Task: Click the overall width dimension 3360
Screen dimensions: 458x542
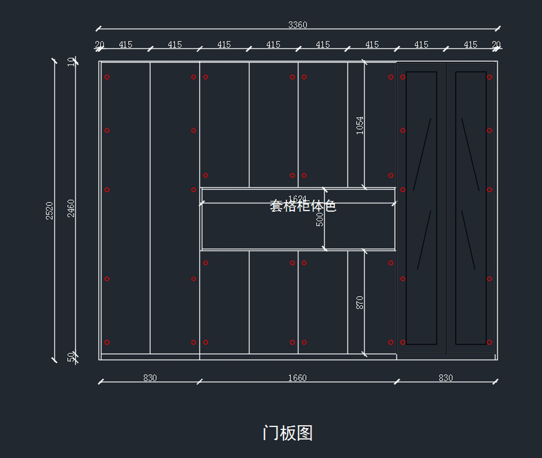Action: pyautogui.click(x=298, y=25)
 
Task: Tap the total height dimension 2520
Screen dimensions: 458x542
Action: pyautogui.click(x=50, y=211)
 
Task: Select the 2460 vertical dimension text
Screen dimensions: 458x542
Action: pyautogui.click(x=71, y=208)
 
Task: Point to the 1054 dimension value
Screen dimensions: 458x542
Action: pyautogui.click(x=360, y=125)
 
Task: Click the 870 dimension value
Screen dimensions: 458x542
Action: pyautogui.click(x=360, y=302)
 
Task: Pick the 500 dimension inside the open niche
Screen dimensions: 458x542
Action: pyautogui.click(x=320, y=219)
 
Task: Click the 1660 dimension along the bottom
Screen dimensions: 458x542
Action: pyautogui.click(x=297, y=378)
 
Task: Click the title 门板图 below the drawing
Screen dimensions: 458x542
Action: pyautogui.click(x=288, y=433)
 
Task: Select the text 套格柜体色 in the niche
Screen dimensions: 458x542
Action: pyautogui.click(x=303, y=206)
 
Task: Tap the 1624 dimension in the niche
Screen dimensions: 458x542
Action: pyautogui.click(x=297, y=199)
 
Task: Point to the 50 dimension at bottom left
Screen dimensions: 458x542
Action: pyautogui.click(x=71, y=357)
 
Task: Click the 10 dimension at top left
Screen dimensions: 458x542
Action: pyautogui.click(x=71, y=62)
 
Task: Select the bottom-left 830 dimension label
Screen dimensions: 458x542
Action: pyautogui.click(x=150, y=378)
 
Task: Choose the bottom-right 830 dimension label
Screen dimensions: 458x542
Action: pyautogui.click(x=445, y=378)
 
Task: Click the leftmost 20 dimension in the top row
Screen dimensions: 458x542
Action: pyautogui.click(x=99, y=45)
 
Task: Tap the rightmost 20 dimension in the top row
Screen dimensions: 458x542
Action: pyautogui.click(x=496, y=45)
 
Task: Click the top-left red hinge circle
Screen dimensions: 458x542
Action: pyautogui.click(x=107, y=77)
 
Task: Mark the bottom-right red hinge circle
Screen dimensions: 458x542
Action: pyautogui.click(x=489, y=342)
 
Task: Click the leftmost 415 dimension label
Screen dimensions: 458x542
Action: pyautogui.click(x=126, y=45)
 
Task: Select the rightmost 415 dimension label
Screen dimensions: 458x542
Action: pyautogui.click(x=471, y=45)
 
